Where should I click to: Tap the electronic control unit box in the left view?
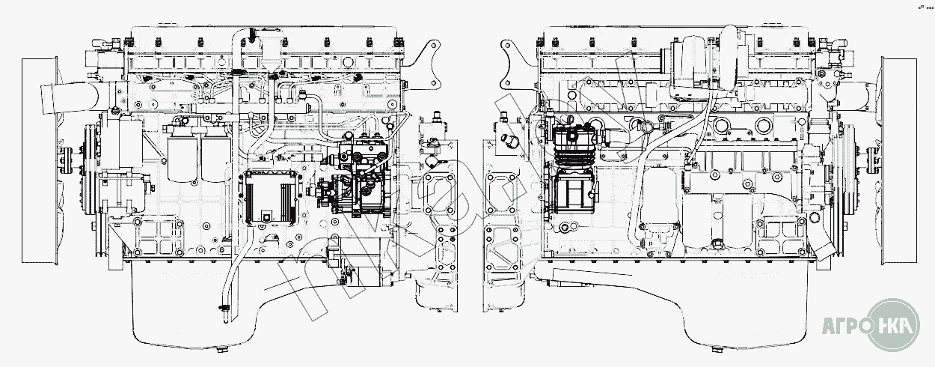pyautogui.click(x=272, y=195)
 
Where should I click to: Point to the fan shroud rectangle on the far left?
pyautogui.click(x=34, y=157)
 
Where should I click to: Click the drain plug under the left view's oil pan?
pyautogui.click(x=223, y=350)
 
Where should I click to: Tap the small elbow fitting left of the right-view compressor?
pyautogui.click(x=510, y=142)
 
